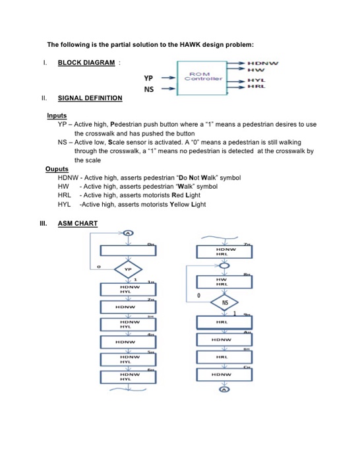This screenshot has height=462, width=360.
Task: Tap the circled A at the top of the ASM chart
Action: pyautogui.click(x=128, y=234)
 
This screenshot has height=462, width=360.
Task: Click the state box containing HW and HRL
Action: pyautogui.click(x=225, y=282)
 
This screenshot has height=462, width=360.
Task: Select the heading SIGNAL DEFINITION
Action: pyautogui.click(x=90, y=98)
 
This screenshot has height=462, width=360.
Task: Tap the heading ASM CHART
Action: pyautogui.click(x=78, y=223)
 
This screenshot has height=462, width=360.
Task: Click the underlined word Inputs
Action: pyautogui.click(x=57, y=115)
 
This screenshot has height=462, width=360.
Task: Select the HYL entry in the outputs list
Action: pyautogui.click(x=64, y=205)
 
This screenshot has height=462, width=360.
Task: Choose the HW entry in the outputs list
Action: pyautogui.click(x=63, y=187)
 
